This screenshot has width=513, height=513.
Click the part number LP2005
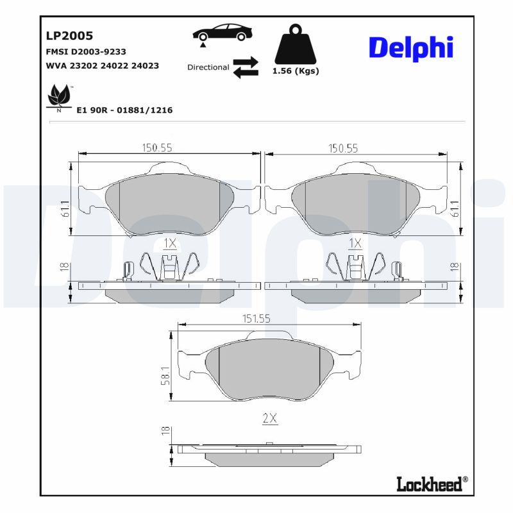tap(69, 35)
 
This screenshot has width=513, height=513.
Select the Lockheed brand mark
tap(432, 484)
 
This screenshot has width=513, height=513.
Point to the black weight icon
tap(296, 44)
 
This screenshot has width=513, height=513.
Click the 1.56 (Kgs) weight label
tap(296, 71)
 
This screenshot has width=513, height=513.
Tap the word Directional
tap(208, 67)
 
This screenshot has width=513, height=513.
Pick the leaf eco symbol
tap(59, 97)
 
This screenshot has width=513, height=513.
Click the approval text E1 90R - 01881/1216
tap(124, 110)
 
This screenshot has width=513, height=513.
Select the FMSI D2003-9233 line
tap(86, 52)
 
